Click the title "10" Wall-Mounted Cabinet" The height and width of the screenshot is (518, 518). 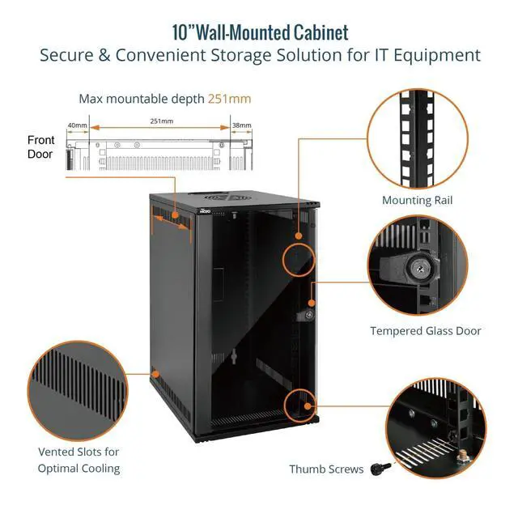[x=259, y=32]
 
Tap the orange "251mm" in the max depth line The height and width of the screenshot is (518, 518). [x=229, y=99]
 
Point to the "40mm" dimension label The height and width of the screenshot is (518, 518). [x=77, y=125]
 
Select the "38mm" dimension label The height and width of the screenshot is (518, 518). [x=241, y=125]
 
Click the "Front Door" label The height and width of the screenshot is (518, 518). [x=40, y=146]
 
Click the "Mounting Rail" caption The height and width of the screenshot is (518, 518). [x=417, y=200]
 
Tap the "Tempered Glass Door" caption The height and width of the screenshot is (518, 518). [x=426, y=330]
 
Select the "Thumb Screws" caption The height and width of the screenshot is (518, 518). [x=326, y=469]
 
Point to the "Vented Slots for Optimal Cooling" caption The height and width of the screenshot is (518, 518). [x=79, y=460]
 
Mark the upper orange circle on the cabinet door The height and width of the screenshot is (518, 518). [x=299, y=258]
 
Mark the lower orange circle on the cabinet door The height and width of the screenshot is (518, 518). [x=299, y=404]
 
